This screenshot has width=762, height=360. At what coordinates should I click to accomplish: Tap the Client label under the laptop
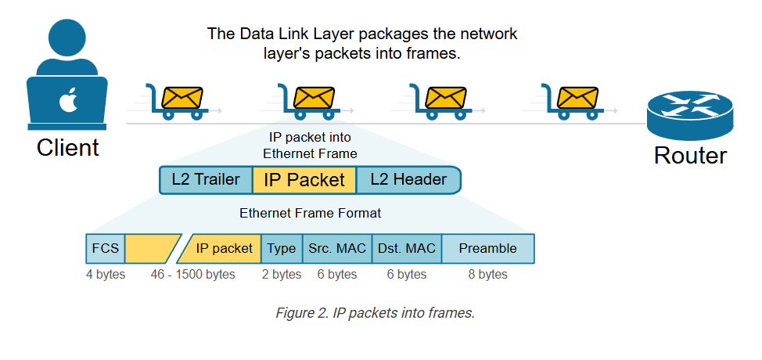[68, 147]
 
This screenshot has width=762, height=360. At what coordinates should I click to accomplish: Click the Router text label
[690, 155]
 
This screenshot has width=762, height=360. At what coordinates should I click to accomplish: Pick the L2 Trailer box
[206, 179]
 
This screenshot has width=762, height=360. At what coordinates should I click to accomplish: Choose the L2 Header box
[408, 179]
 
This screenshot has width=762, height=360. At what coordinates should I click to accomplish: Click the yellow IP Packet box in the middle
[304, 180]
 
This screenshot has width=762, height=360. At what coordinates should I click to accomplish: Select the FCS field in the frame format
[106, 248]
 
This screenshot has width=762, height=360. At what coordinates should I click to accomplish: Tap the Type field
[282, 248]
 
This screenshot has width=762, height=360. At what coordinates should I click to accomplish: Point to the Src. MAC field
[337, 248]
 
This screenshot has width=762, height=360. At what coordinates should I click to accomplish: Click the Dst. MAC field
[407, 248]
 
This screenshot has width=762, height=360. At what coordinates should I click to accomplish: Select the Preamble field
[488, 248]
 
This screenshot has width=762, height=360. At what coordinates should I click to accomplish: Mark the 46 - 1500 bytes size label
[193, 275]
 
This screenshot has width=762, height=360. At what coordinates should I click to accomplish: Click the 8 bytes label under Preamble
[487, 275]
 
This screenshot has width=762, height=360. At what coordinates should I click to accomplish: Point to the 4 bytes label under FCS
[106, 275]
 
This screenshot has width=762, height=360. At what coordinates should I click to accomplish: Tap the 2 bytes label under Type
[282, 275]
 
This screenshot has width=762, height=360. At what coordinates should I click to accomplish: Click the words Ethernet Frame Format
[311, 213]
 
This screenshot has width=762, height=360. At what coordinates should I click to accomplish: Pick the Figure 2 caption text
[375, 313]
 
